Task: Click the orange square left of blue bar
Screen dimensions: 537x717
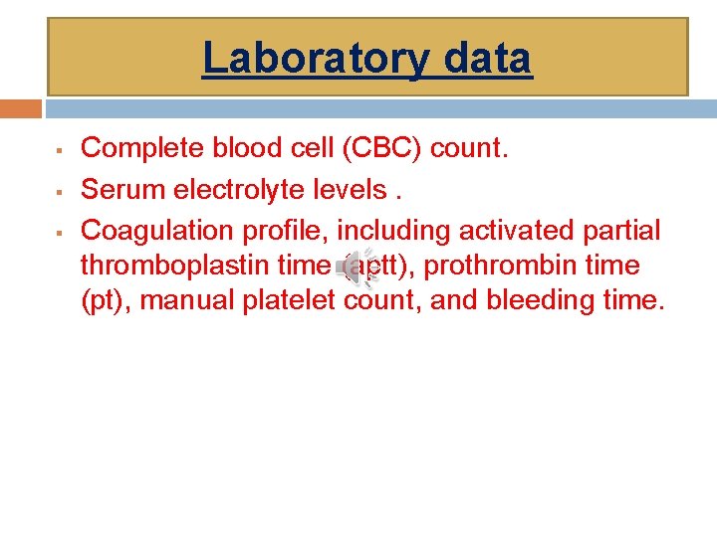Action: tap(21, 107)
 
